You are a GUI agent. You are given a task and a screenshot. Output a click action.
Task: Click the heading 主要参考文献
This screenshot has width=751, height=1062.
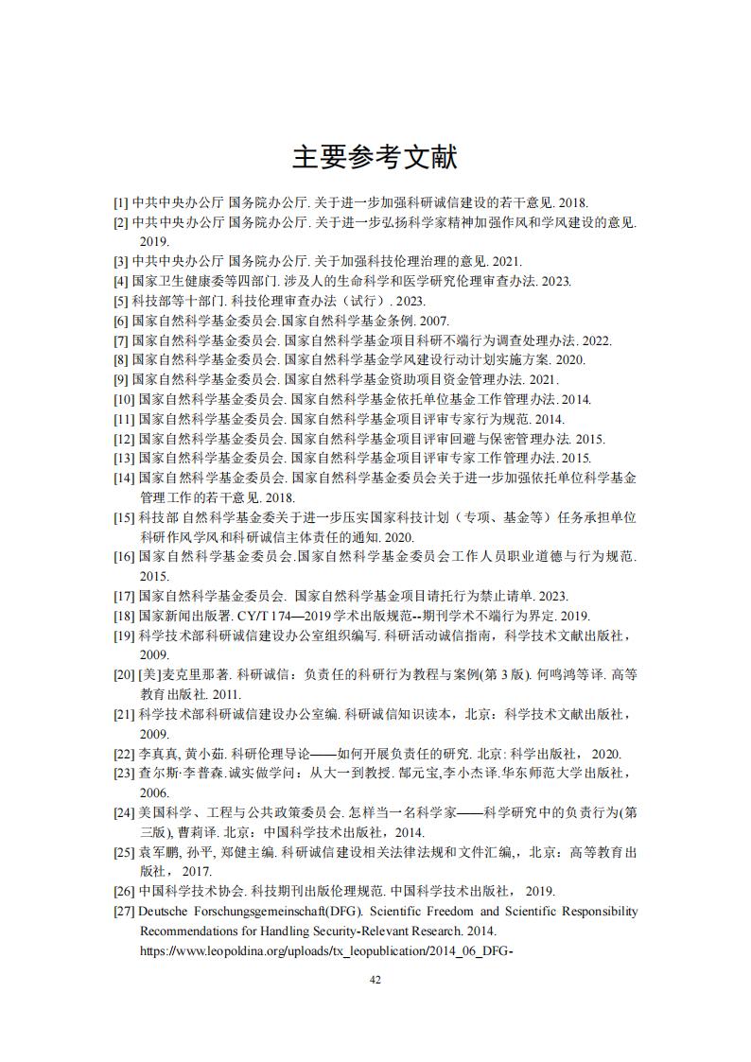point(375,157)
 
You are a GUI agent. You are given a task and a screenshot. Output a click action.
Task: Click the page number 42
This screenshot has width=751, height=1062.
point(375,980)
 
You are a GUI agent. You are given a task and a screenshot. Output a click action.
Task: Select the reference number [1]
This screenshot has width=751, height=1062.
point(120,202)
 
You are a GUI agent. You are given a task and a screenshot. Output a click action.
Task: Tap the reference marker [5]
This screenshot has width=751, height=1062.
point(120,301)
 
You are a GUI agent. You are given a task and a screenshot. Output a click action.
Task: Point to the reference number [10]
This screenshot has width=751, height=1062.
point(124,399)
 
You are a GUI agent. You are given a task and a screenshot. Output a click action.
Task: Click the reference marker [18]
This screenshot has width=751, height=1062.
point(124,616)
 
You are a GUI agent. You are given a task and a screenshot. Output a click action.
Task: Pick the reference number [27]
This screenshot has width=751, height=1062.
point(124,911)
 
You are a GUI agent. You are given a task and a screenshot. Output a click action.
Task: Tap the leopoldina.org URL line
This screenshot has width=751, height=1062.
point(326,950)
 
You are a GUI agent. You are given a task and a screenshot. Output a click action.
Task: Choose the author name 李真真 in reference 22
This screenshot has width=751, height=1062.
point(153,754)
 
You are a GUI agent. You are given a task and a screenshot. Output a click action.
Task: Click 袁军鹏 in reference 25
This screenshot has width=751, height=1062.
point(153,852)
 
